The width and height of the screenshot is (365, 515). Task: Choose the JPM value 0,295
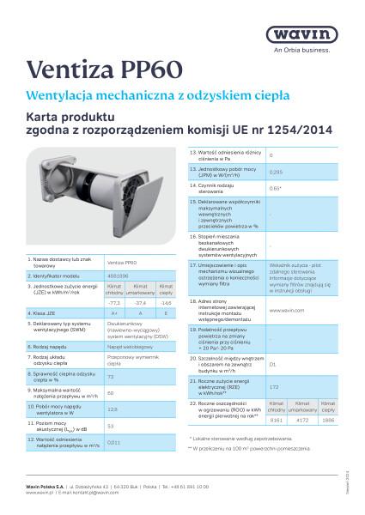pyautogui.click(x=277, y=173)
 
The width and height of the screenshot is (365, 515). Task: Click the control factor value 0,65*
pyautogui.click(x=276, y=188)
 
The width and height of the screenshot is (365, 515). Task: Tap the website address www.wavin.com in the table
pyautogui.click(x=285, y=309)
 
